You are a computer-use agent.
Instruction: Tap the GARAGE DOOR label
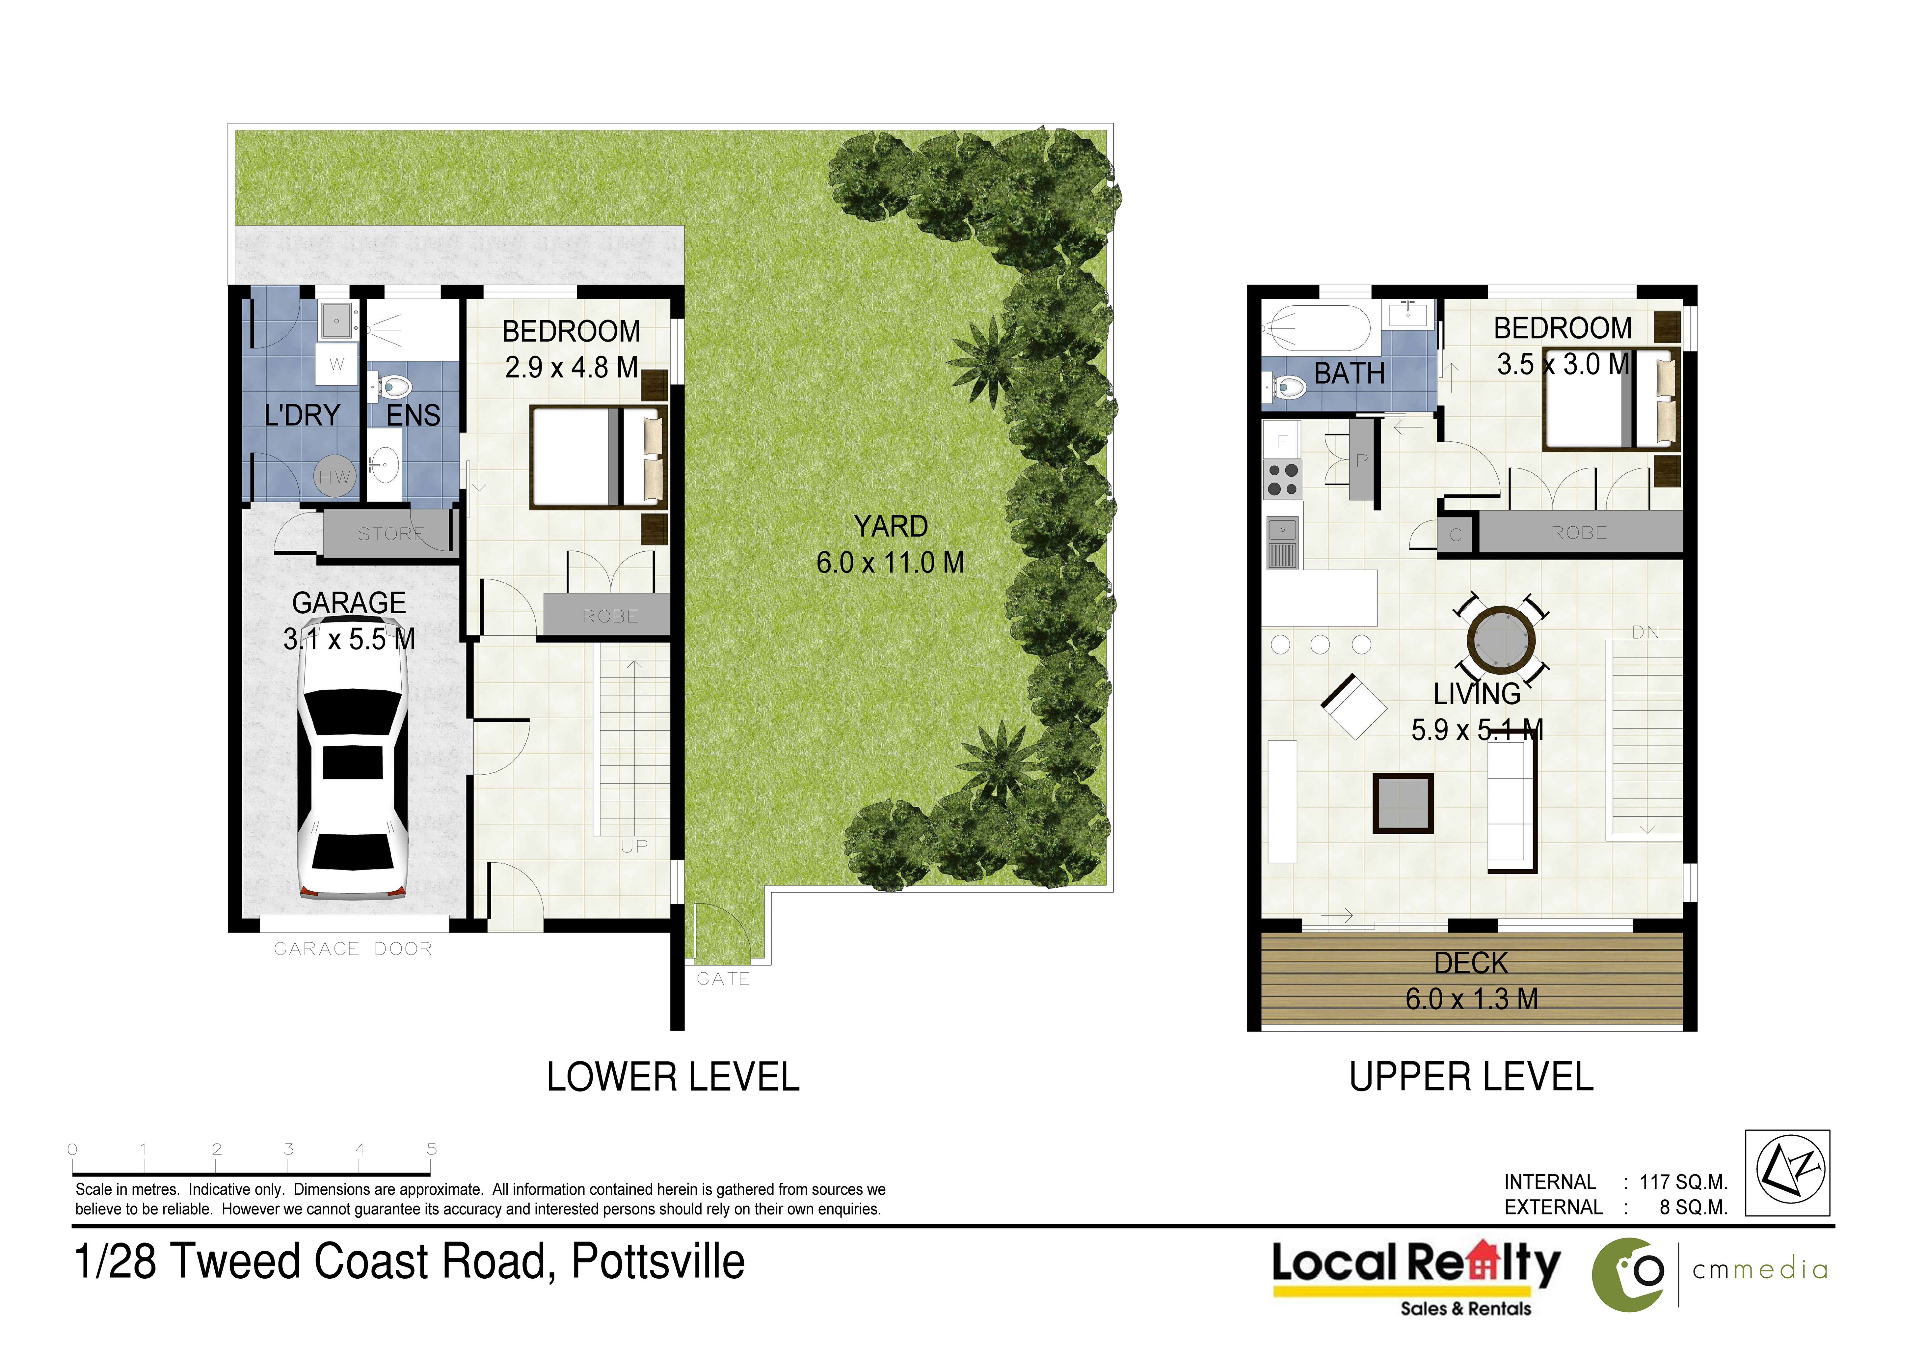353,948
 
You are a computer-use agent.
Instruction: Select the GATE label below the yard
723,979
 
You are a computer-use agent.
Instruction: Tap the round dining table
1502,639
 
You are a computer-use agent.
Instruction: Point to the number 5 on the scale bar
432,1149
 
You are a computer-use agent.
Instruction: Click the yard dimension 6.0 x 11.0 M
890,562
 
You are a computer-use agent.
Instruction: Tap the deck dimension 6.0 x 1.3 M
1471,999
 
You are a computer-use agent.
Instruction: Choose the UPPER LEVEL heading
1471,1077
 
